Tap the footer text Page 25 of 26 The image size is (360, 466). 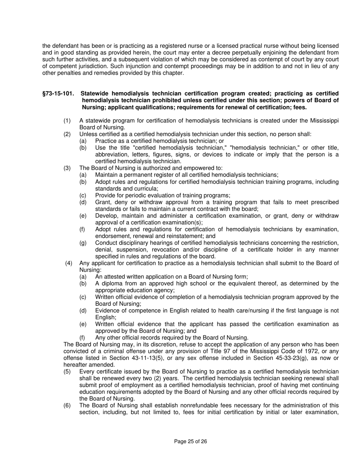[190, 441]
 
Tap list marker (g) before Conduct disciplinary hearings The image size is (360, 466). [83, 242]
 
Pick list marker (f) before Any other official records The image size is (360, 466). [82, 338]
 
